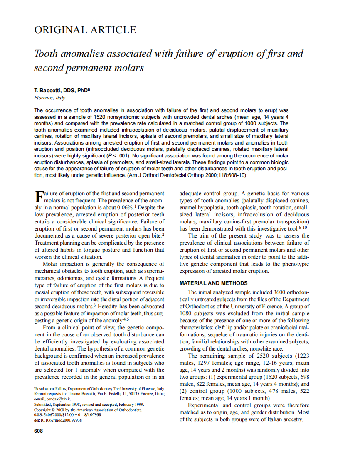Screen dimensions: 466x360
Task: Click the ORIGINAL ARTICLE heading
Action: pyautogui.click(x=85, y=30)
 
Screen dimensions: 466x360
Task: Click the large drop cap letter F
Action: pyautogui.click(x=38, y=196)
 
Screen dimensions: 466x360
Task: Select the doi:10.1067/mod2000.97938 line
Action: pyautogui.click(x=58, y=420)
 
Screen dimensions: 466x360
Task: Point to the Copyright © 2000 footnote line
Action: pyautogui.click(x=88, y=409)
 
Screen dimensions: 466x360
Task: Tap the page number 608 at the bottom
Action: pyautogui.click(x=38, y=431)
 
